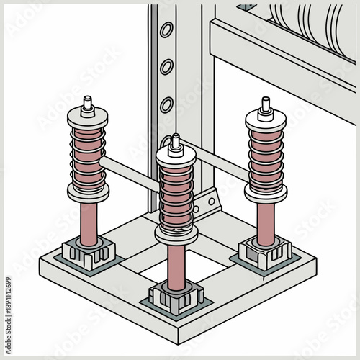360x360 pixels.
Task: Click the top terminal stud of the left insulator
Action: tap(88, 104)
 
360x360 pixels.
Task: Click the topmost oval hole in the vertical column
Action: tap(166, 30)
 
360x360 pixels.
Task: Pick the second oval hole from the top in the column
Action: tap(166, 67)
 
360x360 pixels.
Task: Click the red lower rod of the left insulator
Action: tap(89, 220)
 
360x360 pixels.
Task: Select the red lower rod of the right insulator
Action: tap(264, 223)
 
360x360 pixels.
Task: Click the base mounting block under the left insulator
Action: tap(89, 253)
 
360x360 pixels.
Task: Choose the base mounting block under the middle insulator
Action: tap(176, 295)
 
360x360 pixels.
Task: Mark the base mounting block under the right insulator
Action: tap(265, 253)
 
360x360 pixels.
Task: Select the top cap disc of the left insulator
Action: tap(88, 117)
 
